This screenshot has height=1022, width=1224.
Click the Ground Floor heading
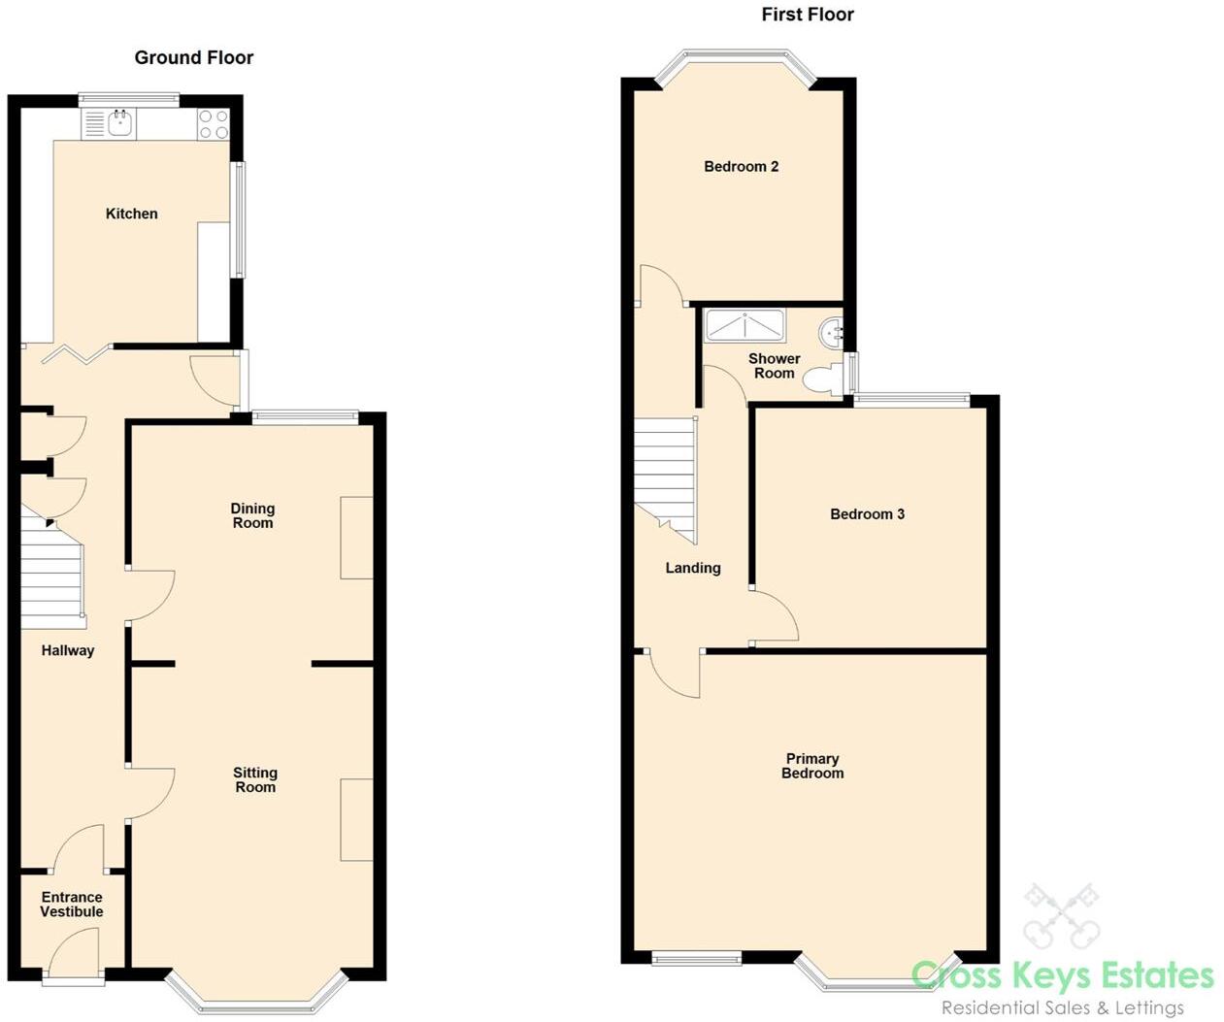(193, 57)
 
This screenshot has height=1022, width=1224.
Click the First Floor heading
(807, 14)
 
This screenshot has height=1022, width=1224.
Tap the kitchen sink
(120, 123)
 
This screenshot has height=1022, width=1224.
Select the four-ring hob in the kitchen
(214, 124)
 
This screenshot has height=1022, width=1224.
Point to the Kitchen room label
(131, 214)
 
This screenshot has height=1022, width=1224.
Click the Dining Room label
(252, 515)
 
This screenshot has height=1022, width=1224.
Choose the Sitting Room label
(255, 779)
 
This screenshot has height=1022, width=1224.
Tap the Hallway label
(68, 650)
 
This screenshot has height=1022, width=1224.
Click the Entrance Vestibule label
(72, 905)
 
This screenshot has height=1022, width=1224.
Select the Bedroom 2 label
(741, 166)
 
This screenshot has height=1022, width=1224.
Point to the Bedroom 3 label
(867, 513)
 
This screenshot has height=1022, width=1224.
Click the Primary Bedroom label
(812, 766)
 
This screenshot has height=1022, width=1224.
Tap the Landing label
(692, 568)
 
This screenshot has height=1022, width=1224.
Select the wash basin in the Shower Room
(833, 333)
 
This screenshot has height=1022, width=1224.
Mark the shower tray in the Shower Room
(744, 325)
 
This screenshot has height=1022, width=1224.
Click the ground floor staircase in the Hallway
(53, 573)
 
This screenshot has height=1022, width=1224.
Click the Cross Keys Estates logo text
(1063, 974)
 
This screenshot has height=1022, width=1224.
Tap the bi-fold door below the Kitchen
(76, 353)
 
